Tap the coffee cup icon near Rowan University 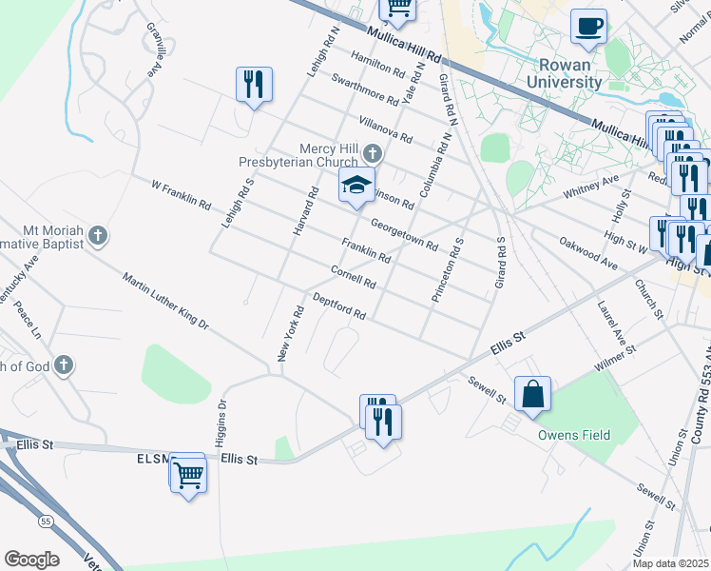(x=588, y=26)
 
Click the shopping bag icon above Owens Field (x=533, y=393)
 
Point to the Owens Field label (x=574, y=436)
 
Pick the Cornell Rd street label (x=353, y=278)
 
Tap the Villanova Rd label (x=385, y=129)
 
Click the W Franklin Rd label (x=180, y=192)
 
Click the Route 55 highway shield (x=46, y=521)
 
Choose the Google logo (x=31, y=560)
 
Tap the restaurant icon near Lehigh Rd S (x=254, y=85)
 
